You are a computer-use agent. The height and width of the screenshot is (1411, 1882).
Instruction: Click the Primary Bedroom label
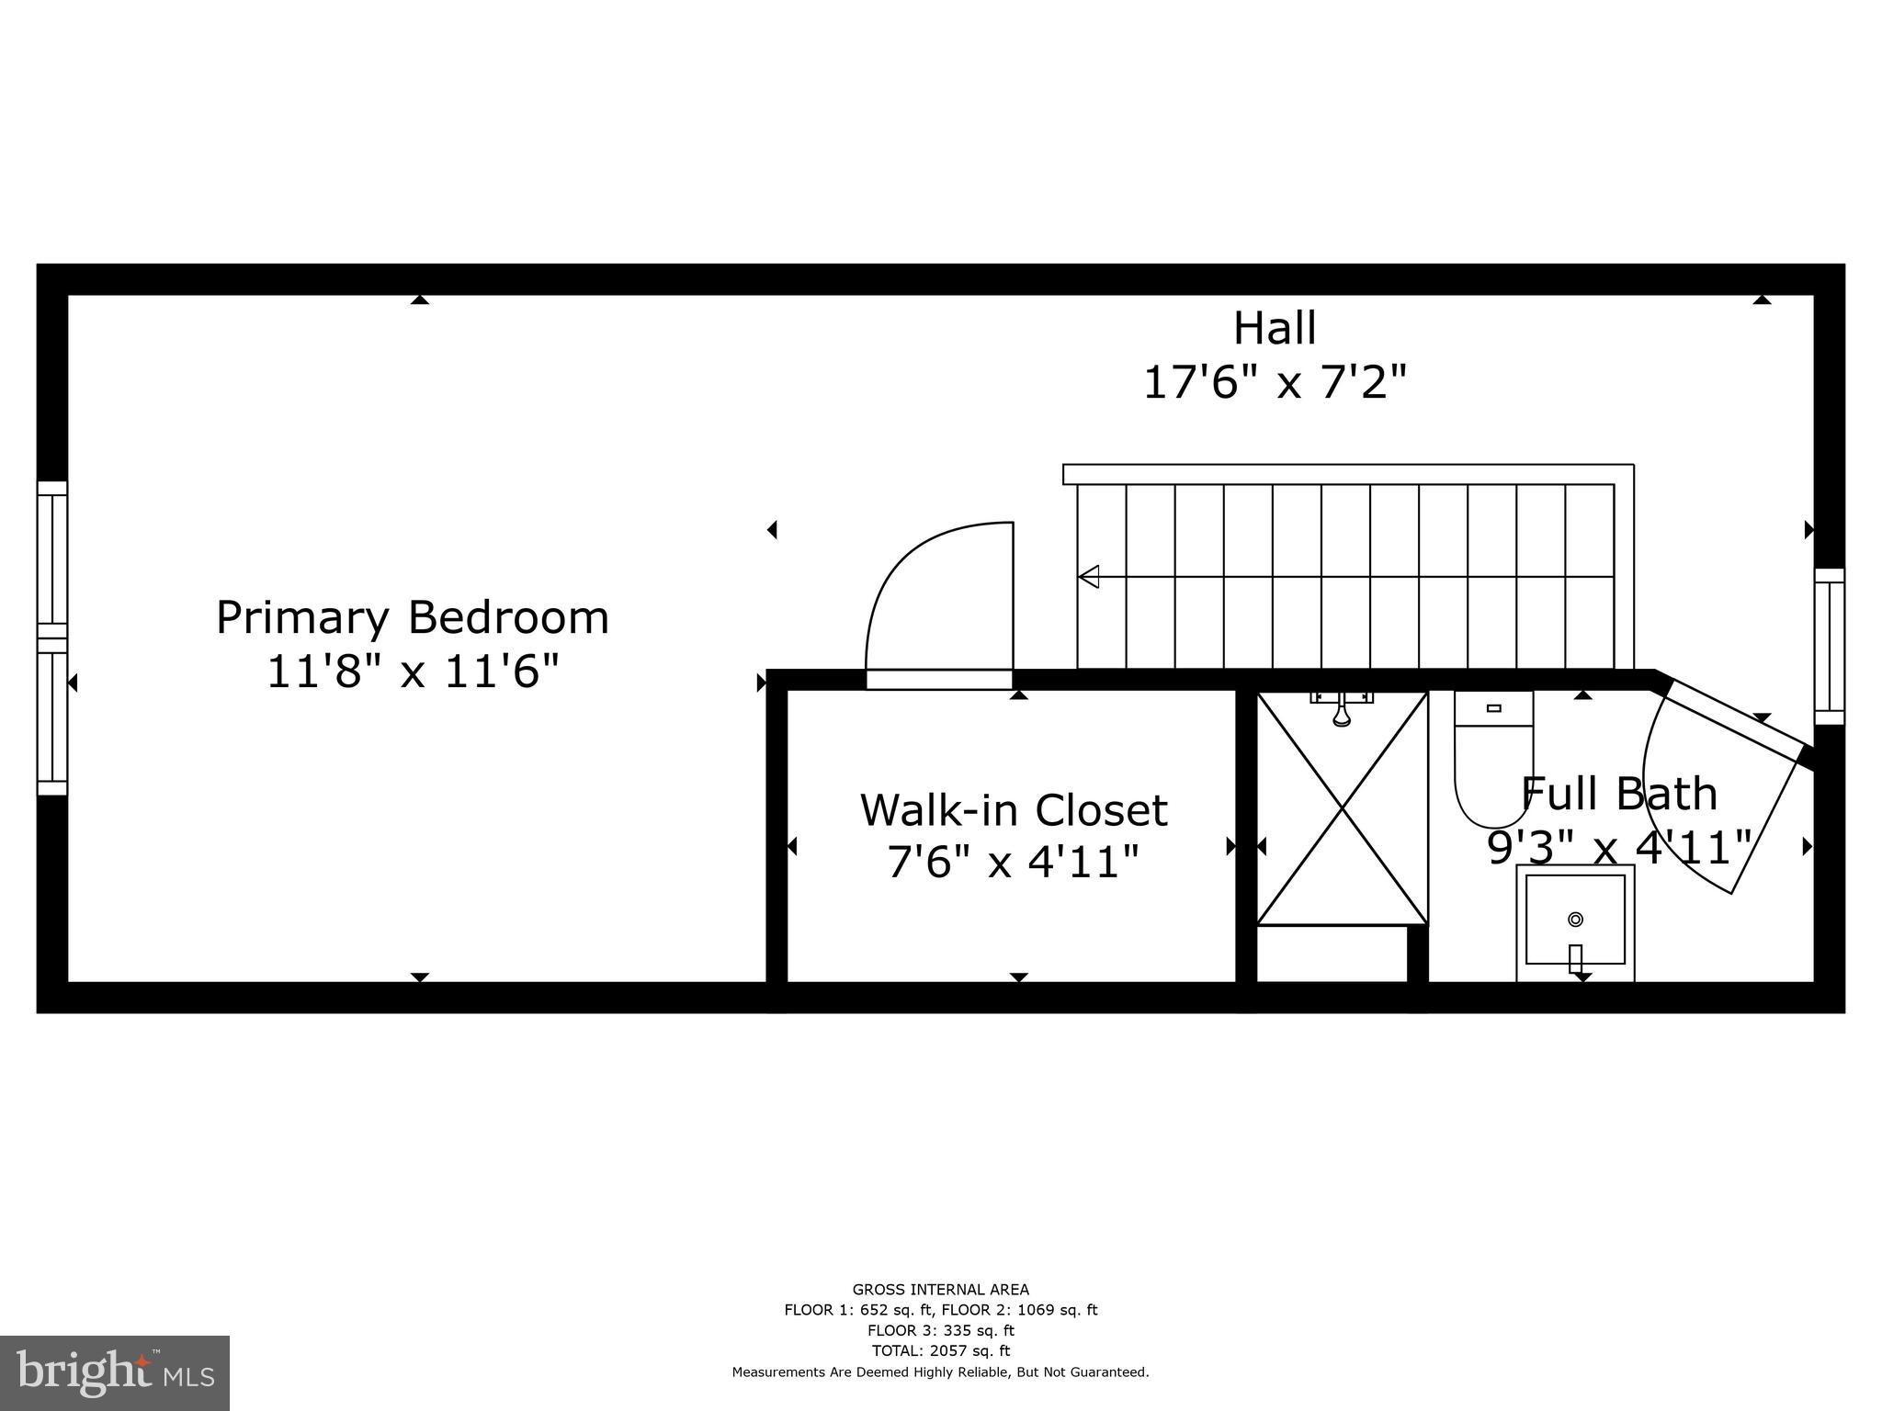[412, 617]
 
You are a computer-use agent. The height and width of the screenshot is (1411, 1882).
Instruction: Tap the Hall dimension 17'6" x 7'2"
[1275, 382]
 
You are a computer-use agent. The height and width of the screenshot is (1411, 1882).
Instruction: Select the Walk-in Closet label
[1014, 810]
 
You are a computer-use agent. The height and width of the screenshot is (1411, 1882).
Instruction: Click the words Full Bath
[1619, 794]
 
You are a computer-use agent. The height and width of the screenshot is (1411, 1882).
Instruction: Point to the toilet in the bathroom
[1492, 762]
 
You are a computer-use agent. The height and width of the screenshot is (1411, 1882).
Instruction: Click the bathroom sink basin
[1575, 920]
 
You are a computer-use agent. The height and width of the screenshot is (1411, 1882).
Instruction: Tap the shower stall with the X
[1342, 808]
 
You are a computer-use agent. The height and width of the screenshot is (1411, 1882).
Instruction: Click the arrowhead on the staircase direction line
[1088, 577]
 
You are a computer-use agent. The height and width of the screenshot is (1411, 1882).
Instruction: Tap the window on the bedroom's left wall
[52, 638]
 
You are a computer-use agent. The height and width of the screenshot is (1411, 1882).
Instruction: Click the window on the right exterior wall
[1829, 646]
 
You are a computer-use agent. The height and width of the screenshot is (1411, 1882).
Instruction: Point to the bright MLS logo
[115, 1372]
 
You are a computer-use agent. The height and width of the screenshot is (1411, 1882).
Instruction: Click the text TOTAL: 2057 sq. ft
[940, 1350]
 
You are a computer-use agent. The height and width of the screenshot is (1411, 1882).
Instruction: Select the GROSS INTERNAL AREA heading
[940, 1290]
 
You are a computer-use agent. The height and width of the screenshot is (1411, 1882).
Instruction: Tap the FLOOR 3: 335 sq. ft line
[940, 1330]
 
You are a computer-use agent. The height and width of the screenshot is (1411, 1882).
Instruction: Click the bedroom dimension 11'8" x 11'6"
[412, 672]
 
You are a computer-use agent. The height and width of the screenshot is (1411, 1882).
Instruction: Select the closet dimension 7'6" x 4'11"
[1014, 862]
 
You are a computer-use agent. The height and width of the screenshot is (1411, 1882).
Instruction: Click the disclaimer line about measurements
[940, 1372]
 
